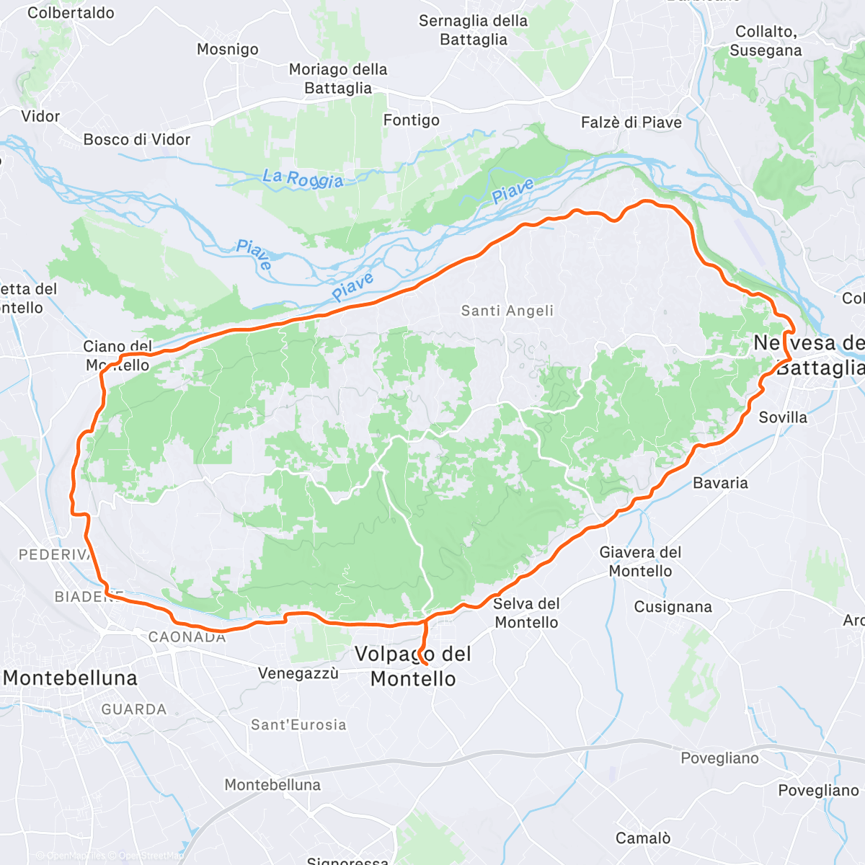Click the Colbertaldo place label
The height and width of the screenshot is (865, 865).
pos(71,13)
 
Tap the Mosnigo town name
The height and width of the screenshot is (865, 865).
pos(228,49)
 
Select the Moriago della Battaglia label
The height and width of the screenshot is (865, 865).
pos(338,79)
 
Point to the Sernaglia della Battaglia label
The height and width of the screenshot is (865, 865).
pos(474,30)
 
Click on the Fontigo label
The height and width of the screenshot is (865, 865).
pos(411,120)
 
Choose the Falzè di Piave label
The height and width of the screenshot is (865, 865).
pos(631,123)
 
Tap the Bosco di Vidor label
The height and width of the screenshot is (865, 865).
pos(137,139)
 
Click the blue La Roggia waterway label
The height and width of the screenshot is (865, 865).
pos(303,178)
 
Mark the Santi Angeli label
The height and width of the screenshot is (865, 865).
pos(507,311)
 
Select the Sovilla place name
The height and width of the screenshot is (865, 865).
pos(783,417)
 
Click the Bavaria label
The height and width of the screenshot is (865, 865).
pos(720,483)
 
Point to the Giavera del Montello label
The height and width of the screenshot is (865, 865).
pos(640,562)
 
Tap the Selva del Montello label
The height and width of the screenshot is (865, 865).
pos(526,613)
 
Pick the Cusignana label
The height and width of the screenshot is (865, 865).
pos(673,607)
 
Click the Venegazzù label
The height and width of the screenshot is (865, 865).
pos(298,673)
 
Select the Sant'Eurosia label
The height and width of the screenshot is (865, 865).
pos(298,724)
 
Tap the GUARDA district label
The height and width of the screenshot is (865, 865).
pos(134,709)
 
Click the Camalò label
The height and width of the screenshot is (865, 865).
pos(643,838)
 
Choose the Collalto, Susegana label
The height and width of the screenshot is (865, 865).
pos(766,41)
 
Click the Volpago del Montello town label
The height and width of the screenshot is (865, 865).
pos(413,666)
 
